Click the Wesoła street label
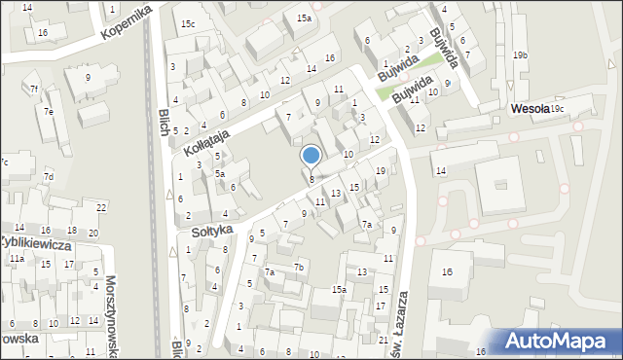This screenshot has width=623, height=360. (529, 109)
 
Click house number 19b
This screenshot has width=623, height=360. (520, 55)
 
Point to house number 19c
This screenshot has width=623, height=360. (557, 109)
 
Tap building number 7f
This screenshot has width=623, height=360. (33, 90)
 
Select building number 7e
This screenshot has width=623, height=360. (48, 111)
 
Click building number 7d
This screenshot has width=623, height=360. (48, 176)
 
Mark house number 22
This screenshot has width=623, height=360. (101, 208)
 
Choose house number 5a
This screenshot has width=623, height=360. (221, 174)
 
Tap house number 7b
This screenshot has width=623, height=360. (300, 268)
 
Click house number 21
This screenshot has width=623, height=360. (384, 341)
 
